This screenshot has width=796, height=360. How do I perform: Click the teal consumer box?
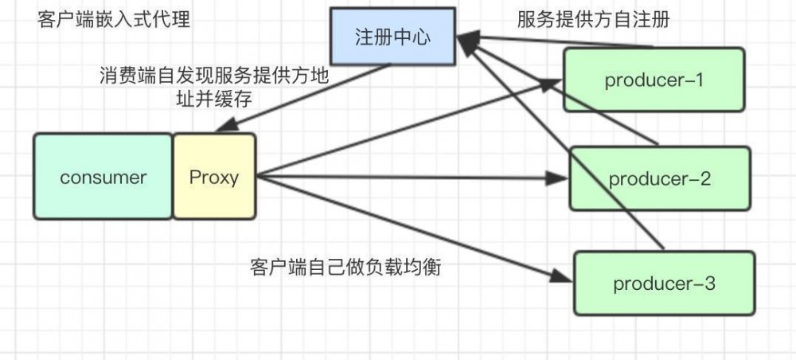point(103,176)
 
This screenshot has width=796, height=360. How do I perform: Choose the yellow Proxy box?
point(214,176)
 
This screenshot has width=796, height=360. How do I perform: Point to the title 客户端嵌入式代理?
point(114,19)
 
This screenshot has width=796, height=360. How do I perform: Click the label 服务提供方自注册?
point(593,20)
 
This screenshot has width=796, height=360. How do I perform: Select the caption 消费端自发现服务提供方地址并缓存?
point(213,87)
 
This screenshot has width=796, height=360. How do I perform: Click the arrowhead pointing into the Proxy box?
point(224,127)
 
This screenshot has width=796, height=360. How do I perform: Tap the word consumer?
point(103,176)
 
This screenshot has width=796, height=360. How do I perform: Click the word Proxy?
point(214,176)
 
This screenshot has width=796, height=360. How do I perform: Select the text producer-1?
point(655,80)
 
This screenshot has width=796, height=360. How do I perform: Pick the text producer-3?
point(665,283)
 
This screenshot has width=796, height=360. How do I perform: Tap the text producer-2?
point(660,178)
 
